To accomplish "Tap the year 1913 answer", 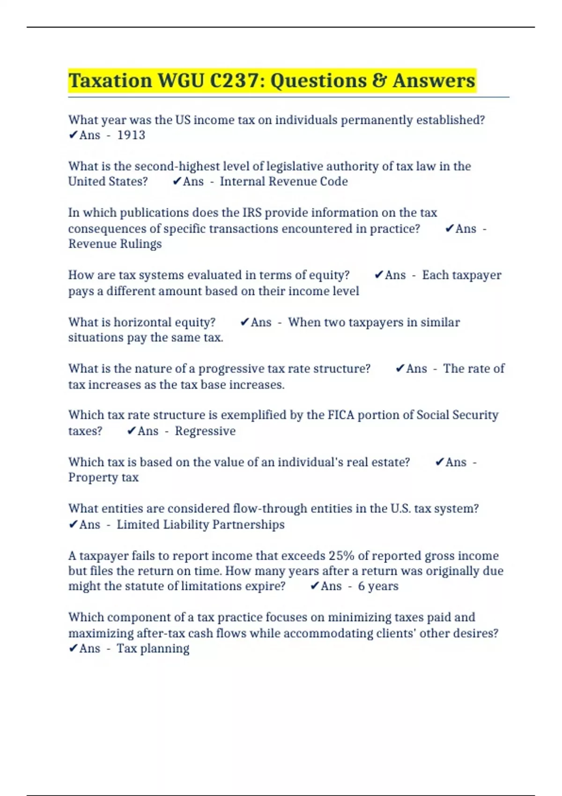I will coord(131,135).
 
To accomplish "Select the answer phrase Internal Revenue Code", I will coord(284,182).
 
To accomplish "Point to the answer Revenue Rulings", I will coord(115,244).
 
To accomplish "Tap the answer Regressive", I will coord(205,431).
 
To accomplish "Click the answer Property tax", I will coord(103,478).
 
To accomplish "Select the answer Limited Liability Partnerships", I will coord(200,524).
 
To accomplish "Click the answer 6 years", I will coord(378,586).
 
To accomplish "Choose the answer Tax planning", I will coord(153,649).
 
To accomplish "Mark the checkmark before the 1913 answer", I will coord(73,135).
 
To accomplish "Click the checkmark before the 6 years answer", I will coord(315,586).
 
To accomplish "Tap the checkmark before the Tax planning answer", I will coord(73,649).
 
